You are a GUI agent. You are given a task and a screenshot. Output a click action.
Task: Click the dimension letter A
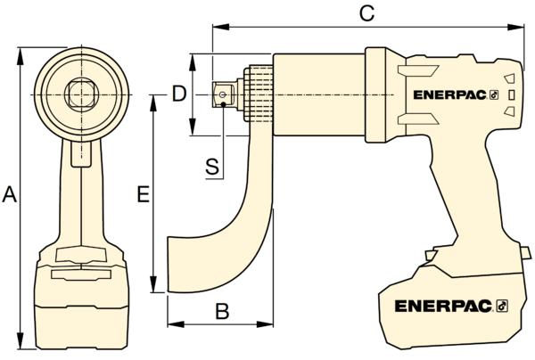[x=9, y=194]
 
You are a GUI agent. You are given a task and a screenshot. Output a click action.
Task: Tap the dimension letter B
[x=222, y=311]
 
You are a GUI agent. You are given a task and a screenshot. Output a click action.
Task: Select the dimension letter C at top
[x=367, y=14]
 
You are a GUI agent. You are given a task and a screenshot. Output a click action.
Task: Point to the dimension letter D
[x=179, y=94]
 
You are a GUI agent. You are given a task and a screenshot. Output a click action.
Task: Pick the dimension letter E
[x=144, y=194]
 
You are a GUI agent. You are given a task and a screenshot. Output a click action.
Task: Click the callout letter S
[x=212, y=167]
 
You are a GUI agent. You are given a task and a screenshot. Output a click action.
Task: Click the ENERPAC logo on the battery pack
[x=451, y=307]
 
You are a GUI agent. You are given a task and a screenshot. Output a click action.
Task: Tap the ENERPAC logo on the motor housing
[x=456, y=95]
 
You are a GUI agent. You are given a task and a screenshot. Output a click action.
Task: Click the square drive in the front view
[x=81, y=94]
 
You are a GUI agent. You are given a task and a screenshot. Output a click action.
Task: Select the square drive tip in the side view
[x=223, y=94]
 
